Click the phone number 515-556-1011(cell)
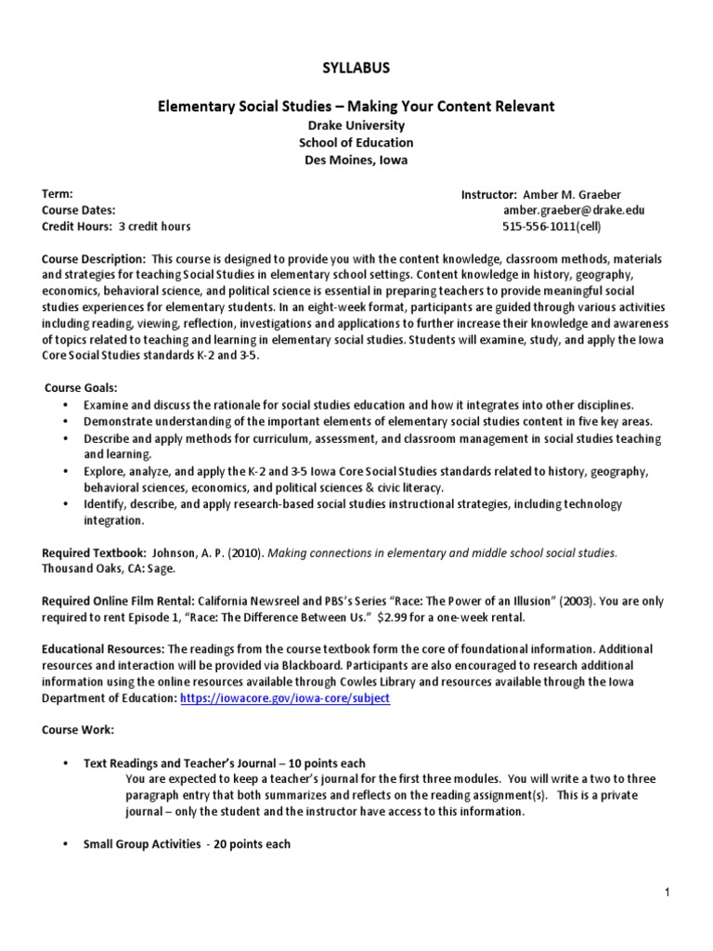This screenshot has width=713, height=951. pos(551,227)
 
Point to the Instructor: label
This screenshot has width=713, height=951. pos(488,194)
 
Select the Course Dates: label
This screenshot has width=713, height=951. pos(79,210)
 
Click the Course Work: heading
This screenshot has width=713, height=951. pos(78,730)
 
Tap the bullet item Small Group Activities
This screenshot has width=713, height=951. pos(141,844)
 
